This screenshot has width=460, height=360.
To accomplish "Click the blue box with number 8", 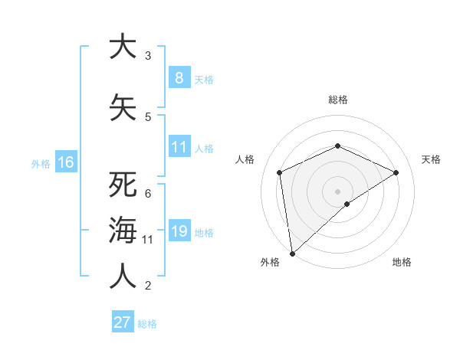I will pyautogui.click(x=179, y=78).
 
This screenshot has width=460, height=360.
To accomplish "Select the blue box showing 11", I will pyautogui.click(x=179, y=147).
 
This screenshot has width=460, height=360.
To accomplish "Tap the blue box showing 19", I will pyautogui.click(x=179, y=231).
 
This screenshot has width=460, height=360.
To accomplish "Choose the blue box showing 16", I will pyautogui.click(x=65, y=162).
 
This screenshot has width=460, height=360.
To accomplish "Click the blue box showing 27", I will pyautogui.click(x=123, y=322).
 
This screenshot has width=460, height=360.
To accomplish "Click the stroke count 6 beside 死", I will pyautogui.click(x=148, y=193).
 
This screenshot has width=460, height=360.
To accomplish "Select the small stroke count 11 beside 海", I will pyautogui.click(x=148, y=240).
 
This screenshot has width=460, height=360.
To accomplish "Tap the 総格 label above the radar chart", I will pyautogui.click(x=337, y=100).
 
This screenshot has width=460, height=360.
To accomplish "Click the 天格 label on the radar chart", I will pyautogui.click(x=432, y=159).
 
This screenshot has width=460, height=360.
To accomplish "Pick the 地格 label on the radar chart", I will pyautogui.click(x=402, y=262).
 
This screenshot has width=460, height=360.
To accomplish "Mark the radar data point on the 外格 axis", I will pyautogui.click(x=291, y=253).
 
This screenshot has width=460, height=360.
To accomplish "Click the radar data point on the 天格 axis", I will pyautogui.click(x=396, y=172).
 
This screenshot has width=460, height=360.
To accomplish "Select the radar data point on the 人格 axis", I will pyautogui.click(x=280, y=172).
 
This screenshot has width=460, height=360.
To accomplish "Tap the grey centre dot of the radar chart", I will pyautogui.click(x=337, y=191).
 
